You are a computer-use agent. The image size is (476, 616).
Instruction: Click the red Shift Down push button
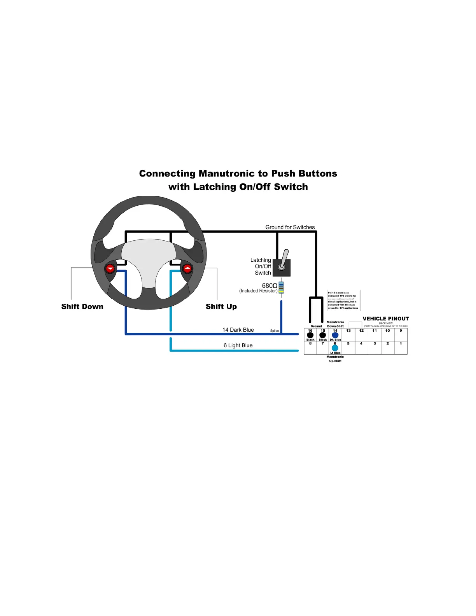pos(110,269)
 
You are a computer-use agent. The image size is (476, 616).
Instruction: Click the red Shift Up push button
pos(187,269)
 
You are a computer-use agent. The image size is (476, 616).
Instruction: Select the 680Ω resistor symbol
pos(281,288)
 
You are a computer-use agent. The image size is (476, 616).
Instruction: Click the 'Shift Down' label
pos(82,306)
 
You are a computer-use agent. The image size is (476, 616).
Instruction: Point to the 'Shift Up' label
pos(221,306)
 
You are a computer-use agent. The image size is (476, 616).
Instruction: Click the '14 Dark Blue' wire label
pos(238,330)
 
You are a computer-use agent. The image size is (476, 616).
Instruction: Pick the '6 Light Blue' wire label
pos(238,345)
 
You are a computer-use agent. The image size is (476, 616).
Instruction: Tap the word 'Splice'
pos(275,331)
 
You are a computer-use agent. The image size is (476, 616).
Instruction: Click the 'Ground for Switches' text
pos(290,227)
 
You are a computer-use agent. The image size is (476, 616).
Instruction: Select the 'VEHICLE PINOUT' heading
pos(386,318)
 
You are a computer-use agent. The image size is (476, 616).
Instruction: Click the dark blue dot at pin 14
pos(335,335)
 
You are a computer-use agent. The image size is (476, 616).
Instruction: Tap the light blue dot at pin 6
pos(335,348)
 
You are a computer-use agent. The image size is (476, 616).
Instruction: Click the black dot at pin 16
pos(310,335)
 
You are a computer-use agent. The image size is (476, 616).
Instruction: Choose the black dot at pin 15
pos(323,335)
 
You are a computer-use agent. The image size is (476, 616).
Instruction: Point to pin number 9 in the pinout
pos(401,331)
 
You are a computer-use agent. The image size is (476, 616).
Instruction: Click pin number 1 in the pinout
pos(401,343)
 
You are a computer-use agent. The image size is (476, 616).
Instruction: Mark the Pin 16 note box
pos(344,300)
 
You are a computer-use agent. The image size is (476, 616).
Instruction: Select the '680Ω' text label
pos(269,285)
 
